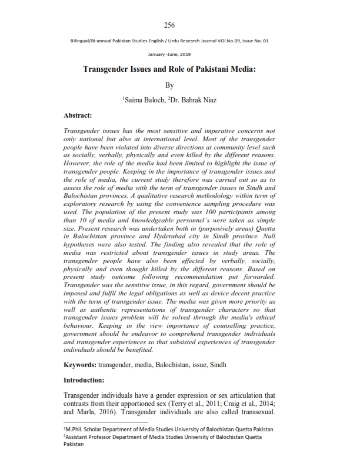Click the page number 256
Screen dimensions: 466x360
(x=170, y=25)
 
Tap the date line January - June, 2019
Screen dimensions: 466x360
(x=170, y=54)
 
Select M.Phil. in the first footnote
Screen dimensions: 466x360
(x=76, y=430)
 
